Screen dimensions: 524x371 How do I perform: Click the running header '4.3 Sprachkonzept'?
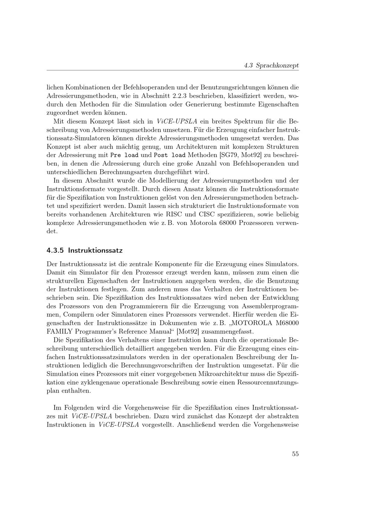271,65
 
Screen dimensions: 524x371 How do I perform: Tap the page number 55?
295,454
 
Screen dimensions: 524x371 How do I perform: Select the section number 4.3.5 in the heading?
55,250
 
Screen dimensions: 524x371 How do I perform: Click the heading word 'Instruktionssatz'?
95,250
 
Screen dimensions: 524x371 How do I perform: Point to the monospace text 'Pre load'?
125,155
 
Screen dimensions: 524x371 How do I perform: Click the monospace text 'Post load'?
170,155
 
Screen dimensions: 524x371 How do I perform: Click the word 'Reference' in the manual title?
129,331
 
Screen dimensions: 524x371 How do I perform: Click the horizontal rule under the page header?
173,70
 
